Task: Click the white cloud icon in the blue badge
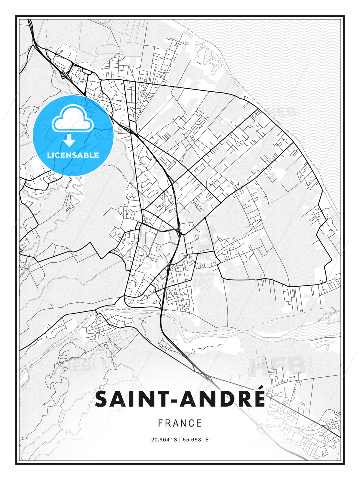[72, 119]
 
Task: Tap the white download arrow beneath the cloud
[69, 140]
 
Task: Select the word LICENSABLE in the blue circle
[73, 155]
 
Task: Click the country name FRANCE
[180, 423]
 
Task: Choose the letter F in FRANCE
[160, 423]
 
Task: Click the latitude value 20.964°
[161, 440]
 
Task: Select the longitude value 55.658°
[192, 440]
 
